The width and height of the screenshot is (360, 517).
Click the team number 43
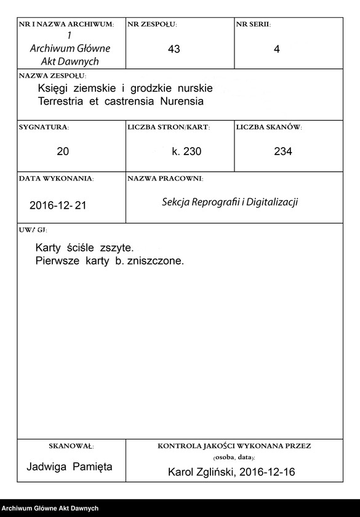click(174, 49)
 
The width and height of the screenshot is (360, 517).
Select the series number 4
click(276, 49)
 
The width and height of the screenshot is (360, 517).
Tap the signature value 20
click(63, 151)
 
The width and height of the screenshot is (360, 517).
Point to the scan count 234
click(283, 151)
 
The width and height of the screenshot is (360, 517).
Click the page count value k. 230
click(186, 151)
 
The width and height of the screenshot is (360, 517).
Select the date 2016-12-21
click(58, 206)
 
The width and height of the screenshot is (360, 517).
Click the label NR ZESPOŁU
click(152, 24)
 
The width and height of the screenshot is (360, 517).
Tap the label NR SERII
click(253, 24)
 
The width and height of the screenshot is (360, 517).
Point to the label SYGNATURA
click(44, 127)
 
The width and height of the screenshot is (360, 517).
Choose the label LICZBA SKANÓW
click(268, 127)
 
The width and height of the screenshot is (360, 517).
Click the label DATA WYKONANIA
click(56, 178)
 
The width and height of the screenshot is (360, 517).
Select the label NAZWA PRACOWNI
click(165, 178)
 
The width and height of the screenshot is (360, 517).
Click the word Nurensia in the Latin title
click(181, 100)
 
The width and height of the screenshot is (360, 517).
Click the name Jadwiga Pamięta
click(70, 467)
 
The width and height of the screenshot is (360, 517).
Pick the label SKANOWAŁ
click(71, 445)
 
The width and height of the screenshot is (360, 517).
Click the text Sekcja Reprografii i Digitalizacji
click(230, 202)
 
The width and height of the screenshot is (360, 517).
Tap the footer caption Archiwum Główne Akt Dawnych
click(50, 508)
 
